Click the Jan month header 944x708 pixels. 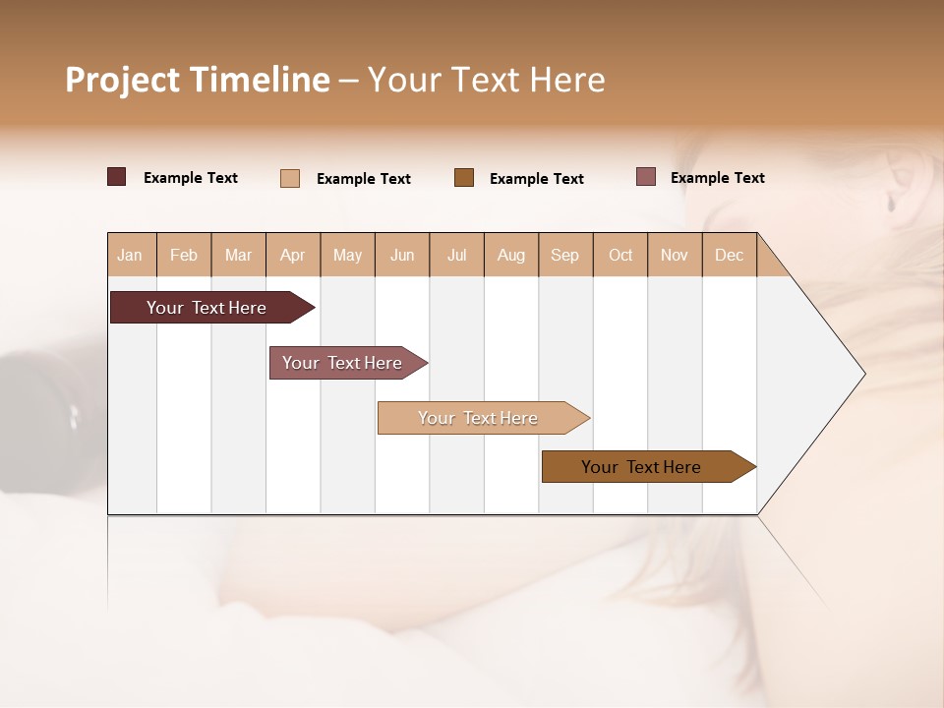tap(130, 255)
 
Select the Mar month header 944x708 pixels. tap(238, 255)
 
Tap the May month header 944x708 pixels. tap(347, 255)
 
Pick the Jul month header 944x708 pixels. tap(456, 255)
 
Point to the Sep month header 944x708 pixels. tap(564, 255)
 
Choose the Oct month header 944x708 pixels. tap(620, 255)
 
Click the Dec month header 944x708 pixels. tap(729, 255)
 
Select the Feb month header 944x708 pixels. tap(184, 255)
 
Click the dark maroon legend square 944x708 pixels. tap(117, 177)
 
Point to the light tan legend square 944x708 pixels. tap(290, 178)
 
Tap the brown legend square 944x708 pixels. tap(464, 177)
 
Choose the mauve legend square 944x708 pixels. tap(646, 177)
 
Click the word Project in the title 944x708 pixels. tap(122, 80)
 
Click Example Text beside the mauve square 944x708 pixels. tap(717, 178)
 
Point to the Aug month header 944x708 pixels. tap(510, 255)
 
